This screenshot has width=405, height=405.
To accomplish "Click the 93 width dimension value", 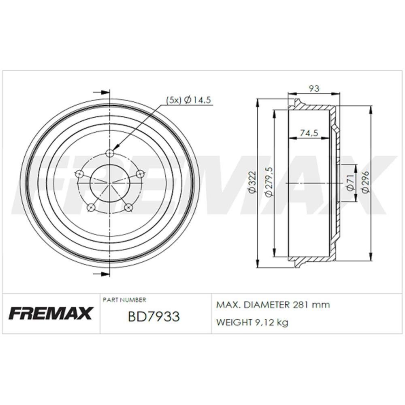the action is pyautogui.click(x=314, y=88).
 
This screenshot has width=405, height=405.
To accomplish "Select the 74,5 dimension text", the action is pyautogui.click(x=309, y=133).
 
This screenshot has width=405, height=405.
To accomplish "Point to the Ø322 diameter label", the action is pyautogui.click(x=252, y=182).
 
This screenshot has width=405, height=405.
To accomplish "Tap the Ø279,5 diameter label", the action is pyautogui.click(x=269, y=182).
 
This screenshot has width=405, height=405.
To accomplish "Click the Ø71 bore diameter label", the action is pyautogui.click(x=350, y=183).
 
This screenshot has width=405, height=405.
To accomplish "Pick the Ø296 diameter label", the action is pyautogui.click(x=366, y=182).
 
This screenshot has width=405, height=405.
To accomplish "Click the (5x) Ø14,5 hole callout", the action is pyautogui.click(x=189, y=100).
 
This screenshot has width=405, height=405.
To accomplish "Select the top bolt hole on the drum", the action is pyautogui.click(x=110, y=153).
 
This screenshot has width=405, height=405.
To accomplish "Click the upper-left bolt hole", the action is pyautogui.click(x=79, y=174).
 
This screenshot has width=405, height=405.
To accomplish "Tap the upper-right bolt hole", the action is pyautogui.click(x=141, y=174).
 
